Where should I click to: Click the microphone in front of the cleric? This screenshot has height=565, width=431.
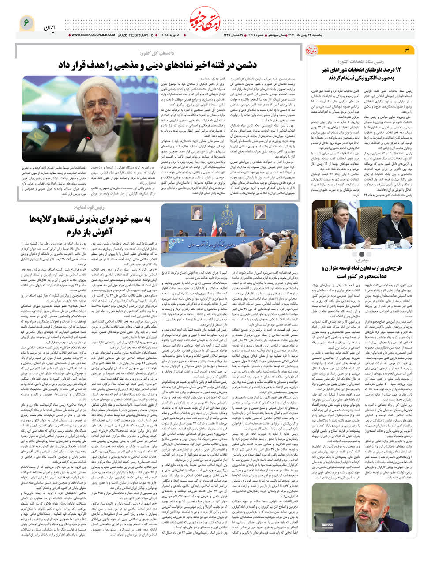click(88, 148)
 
